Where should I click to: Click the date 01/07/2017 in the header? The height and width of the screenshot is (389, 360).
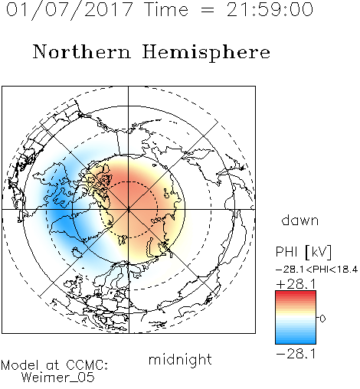click(70, 10)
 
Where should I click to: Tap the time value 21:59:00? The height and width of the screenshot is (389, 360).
click(270, 10)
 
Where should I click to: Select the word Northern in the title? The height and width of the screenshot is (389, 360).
click(82, 51)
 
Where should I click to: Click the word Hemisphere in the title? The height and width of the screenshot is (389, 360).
click(206, 52)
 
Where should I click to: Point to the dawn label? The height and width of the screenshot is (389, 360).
click(300, 220)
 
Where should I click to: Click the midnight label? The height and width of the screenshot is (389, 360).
click(180, 359)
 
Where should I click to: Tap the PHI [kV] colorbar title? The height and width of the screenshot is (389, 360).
click(303, 252)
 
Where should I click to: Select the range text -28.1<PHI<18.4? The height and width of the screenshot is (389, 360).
click(317, 270)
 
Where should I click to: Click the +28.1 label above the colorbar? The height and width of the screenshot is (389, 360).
click(296, 284)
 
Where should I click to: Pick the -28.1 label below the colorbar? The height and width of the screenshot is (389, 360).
click(296, 354)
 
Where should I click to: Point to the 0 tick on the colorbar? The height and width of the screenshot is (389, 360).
click(322, 319)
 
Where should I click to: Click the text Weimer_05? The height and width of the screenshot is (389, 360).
click(58, 377)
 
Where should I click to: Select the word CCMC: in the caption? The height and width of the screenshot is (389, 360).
click(87, 365)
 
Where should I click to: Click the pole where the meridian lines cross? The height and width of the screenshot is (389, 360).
click(129, 210)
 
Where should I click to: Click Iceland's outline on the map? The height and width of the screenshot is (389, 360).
click(77, 252)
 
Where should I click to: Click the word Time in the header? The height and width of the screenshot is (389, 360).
click(166, 10)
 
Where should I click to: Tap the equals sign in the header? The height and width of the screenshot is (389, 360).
click(208, 10)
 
